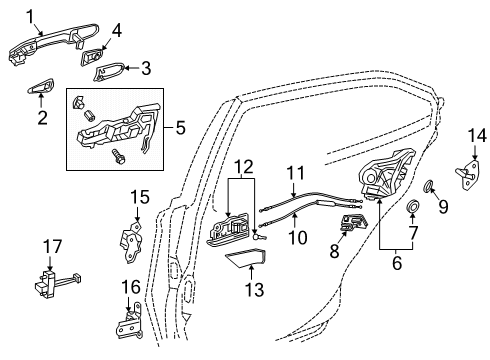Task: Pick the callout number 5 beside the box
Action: (x=180, y=128)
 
